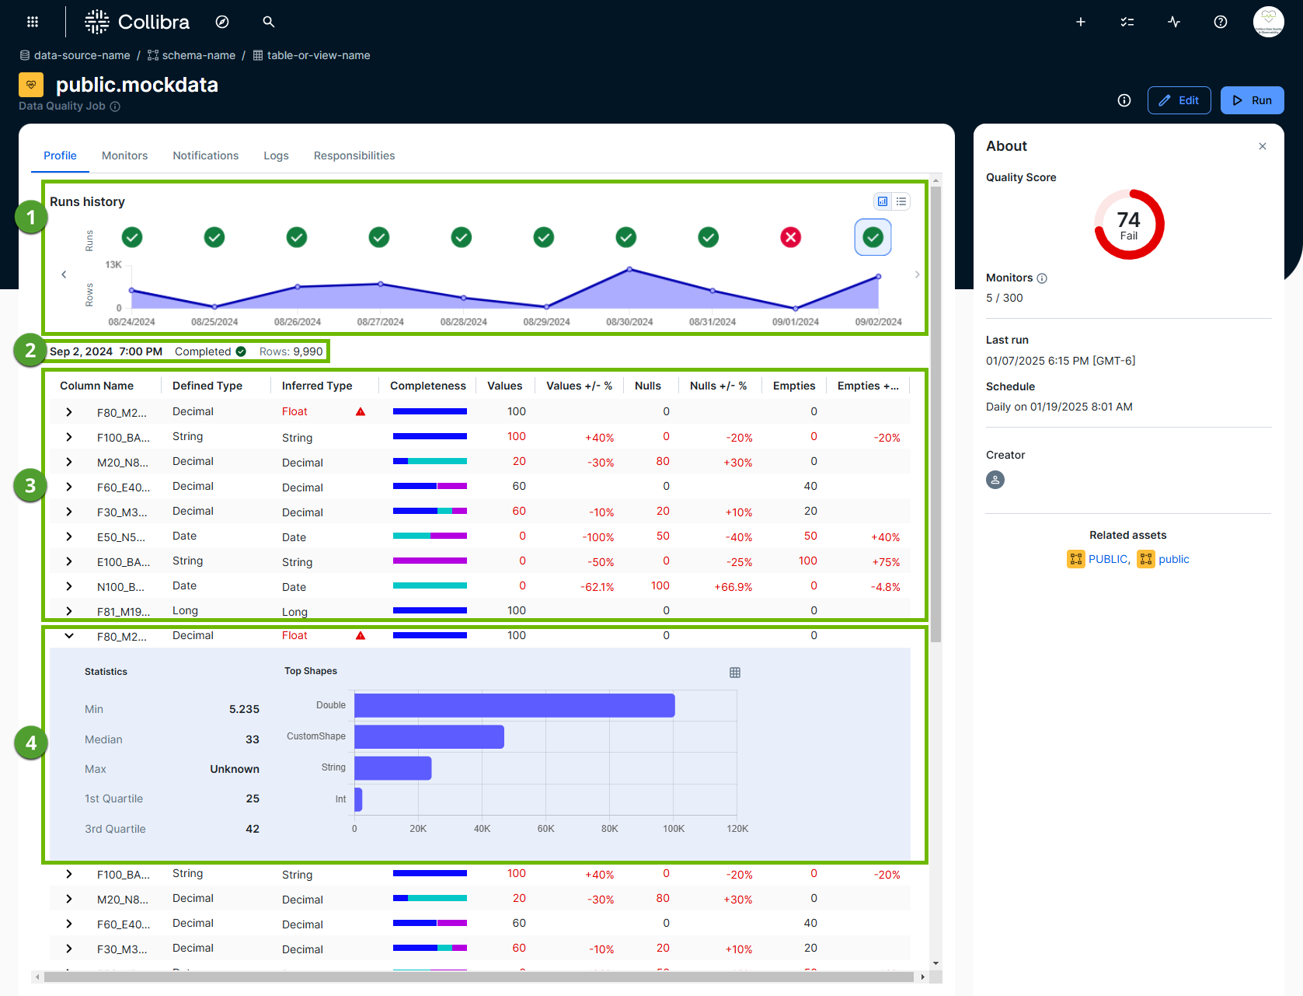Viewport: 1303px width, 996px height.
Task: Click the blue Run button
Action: tap(1252, 100)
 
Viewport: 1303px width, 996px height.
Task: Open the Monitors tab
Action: tap(124, 156)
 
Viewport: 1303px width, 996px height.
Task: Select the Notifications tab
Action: tap(205, 156)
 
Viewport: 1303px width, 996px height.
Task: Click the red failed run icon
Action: tap(790, 237)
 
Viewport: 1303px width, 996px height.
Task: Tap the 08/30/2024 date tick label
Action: tap(629, 322)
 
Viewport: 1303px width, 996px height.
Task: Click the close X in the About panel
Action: tap(1263, 146)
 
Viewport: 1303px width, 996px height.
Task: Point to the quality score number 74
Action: tap(1128, 220)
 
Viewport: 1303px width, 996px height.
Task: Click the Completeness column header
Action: tap(427, 386)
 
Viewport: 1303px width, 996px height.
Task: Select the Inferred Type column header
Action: tap(317, 386)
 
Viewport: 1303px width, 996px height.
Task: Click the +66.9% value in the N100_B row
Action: tap(733, 587)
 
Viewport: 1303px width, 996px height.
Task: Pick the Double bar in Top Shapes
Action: tap(514, 705)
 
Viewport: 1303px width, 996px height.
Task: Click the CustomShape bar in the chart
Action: tap(429, 736)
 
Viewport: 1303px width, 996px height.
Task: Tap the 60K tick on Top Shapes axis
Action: tap(545, 829)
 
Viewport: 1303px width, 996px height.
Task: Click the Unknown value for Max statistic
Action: tap(234, 769)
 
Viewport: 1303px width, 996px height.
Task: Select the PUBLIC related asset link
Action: tap(1107, 559)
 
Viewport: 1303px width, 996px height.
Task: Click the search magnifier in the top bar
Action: tap(269, 22)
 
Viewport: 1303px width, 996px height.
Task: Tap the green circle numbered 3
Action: tap(30, 486)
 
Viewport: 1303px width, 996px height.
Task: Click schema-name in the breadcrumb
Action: tap(198, 55)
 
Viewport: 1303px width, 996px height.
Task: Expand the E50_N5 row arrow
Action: tap(69, 536)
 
